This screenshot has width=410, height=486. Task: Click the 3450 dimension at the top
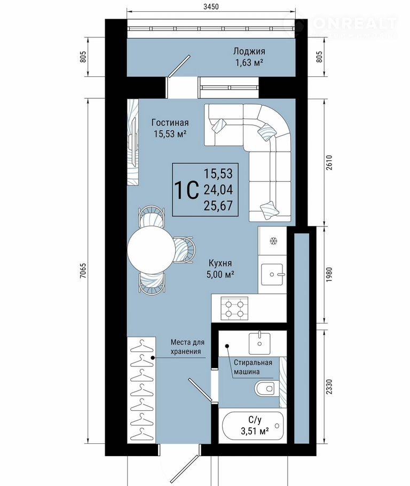[x=211, y=6]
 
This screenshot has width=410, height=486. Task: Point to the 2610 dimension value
[x=329, y=163]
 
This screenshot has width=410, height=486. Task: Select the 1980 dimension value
[x=329, y=275]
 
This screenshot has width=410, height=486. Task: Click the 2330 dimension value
[x=329, y=387]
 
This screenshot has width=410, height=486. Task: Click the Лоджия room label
[x=249, y=51]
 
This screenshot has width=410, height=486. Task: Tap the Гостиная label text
[x=170, y=123]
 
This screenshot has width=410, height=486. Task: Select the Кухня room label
[x=220, y=263]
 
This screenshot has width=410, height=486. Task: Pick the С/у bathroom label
[x=255, y=420]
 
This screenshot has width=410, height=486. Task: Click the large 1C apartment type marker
[x=186, y=190]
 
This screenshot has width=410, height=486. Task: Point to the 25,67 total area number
[x=218, y=206]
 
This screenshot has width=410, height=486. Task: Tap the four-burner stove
[x=234, y=308]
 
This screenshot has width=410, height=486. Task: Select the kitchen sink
[x=272, y=275]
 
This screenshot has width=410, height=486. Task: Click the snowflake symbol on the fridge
[x=273, y=241]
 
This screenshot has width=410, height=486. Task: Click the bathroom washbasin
[x=259, y=343]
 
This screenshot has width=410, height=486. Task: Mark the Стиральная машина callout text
[x=253, y=367]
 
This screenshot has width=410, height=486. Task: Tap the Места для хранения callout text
[x=187, y=347]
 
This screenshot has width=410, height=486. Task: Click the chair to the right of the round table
[x=185, y=250]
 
